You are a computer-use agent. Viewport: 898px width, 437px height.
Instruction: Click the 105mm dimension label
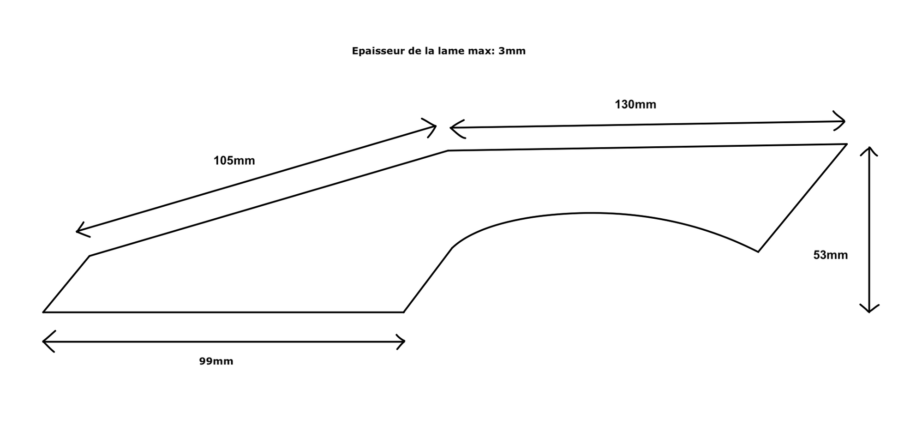(234, 161)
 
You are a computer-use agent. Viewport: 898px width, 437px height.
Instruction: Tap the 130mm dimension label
(635, 105)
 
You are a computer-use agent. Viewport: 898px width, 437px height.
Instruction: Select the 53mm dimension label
(830, 255)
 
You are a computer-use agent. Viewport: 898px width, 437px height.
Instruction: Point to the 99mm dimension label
(216, 361)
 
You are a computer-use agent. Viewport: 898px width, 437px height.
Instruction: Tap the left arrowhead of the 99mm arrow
(44, 341)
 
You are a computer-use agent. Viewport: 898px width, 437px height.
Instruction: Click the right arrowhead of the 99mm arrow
(403, 342)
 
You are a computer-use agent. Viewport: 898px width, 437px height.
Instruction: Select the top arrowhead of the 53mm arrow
(869, 149)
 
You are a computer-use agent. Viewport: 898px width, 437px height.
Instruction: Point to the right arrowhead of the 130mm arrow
(843, 121)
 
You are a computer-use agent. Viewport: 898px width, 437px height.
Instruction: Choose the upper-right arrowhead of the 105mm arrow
(434, 126)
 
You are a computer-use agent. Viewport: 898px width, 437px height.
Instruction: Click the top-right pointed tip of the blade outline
(846, 144)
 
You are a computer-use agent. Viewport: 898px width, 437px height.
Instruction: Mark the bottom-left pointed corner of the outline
(44, 312)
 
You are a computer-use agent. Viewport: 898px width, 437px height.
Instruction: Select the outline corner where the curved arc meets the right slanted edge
(758, 251)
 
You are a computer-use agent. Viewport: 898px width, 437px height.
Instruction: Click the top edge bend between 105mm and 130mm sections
(448, 150)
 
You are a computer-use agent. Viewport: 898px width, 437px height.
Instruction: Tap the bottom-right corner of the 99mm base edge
(403, 312)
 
